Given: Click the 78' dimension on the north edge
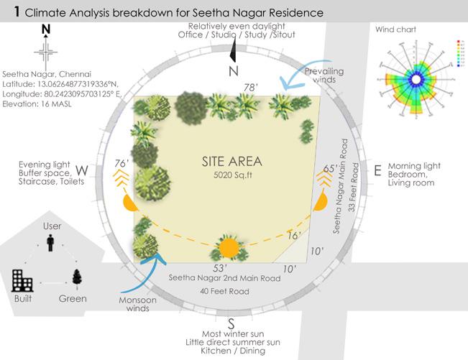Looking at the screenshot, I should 251,88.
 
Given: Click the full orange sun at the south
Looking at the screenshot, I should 229,248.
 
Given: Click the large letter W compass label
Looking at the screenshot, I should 82,171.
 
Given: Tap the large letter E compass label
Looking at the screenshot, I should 378,171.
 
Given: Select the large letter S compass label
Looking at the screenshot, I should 231,322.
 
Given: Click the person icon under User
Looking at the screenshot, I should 51,244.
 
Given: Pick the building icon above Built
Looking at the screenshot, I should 21,279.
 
